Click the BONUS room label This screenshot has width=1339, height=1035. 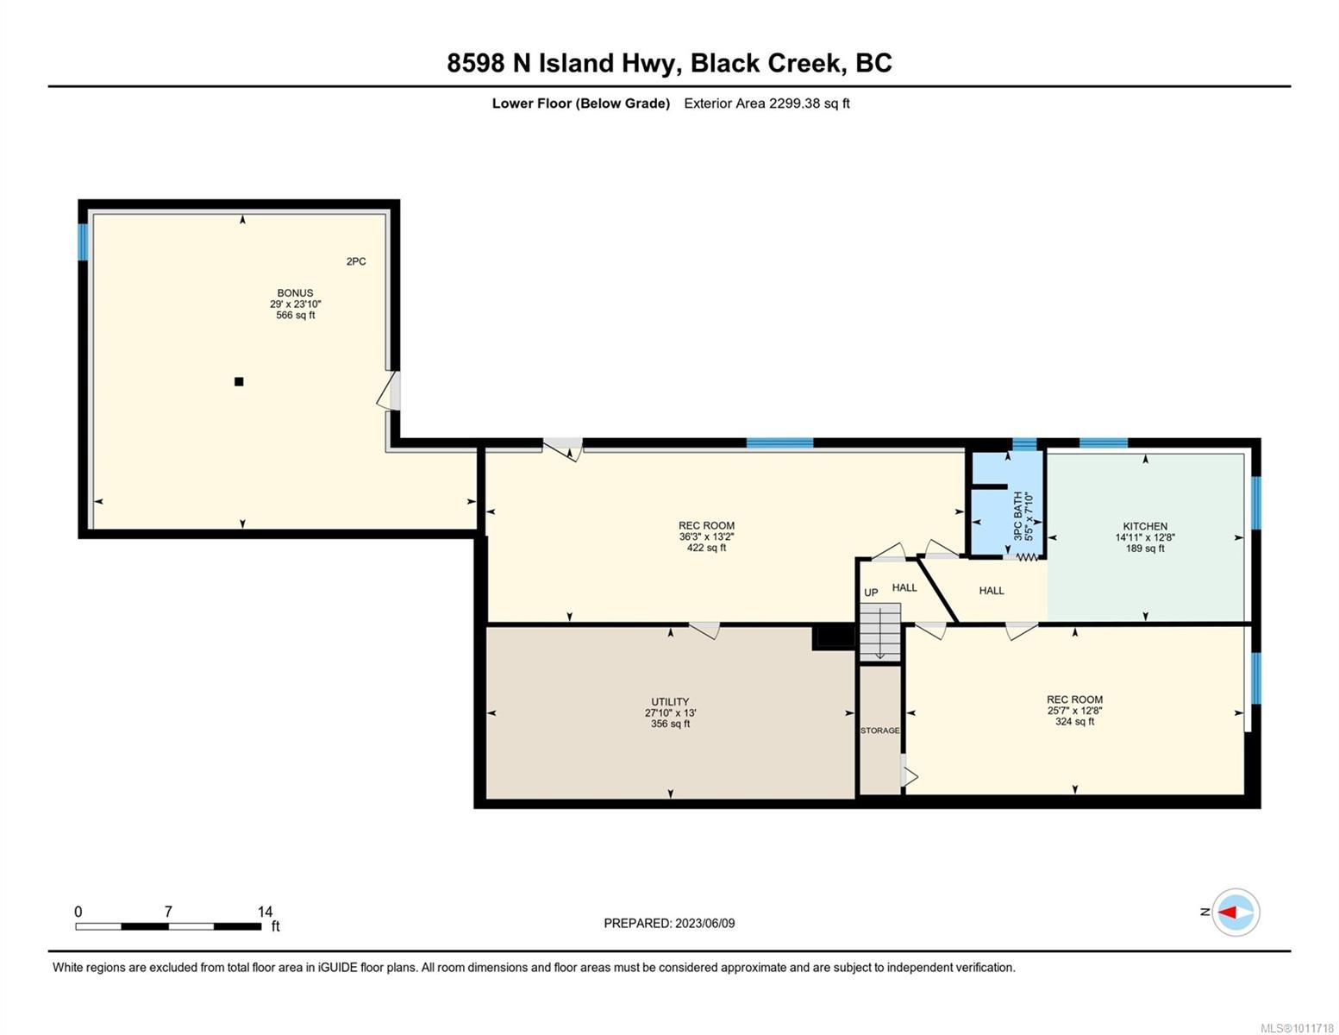pos(295,292)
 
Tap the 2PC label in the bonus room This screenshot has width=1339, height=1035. pos(355,261)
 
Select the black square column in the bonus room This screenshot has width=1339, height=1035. pos(239,381)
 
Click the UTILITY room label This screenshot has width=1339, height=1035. pos(670,701)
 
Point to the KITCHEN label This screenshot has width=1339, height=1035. pos(1144,526)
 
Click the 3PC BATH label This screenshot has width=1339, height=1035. pos(1017,515)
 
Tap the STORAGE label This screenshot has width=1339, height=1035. pos(879,731)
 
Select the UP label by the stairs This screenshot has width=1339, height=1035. pos(870,593)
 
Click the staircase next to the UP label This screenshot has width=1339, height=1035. pos(880,633)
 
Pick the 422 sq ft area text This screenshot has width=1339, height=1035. pos(706,548)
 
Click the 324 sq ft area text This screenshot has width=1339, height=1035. pos(1074,721)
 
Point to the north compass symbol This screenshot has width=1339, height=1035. pos(1235,912)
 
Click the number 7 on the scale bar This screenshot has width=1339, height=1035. pos(168,911)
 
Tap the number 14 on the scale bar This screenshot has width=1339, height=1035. pos(265,911)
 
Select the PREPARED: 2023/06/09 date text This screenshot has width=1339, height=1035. pos(668,924)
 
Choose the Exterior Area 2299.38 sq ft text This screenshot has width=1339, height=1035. pos(766,103)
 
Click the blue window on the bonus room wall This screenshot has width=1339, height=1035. pos(83,241)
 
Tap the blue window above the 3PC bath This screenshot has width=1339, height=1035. pos(1024,444)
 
